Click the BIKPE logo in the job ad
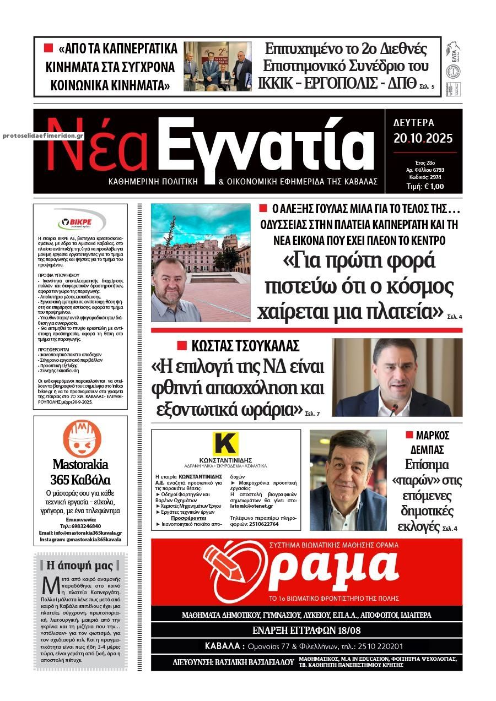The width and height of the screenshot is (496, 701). click(x=80, y=223)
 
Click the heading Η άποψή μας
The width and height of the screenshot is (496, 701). click(x=80, y=565)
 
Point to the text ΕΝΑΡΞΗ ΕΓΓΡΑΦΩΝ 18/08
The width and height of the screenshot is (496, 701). click(x=306, y=630)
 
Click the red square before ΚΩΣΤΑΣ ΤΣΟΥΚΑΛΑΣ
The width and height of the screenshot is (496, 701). click(x=181, y=346)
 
